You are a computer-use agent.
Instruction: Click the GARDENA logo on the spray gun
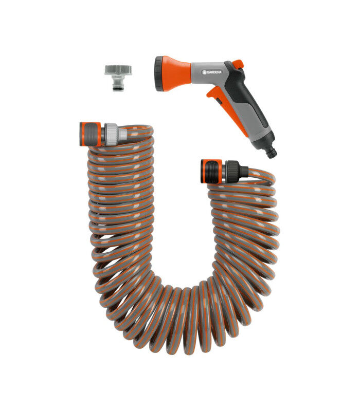(212, 72)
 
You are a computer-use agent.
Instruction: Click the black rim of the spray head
(159, 73)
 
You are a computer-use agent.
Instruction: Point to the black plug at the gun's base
(271, 153)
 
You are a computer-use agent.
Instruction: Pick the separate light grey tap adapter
(118, 78)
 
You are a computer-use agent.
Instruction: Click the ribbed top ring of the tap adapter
(118, 70)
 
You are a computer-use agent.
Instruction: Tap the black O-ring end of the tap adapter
(118, 88)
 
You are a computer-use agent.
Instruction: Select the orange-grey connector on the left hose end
(91, 134)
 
